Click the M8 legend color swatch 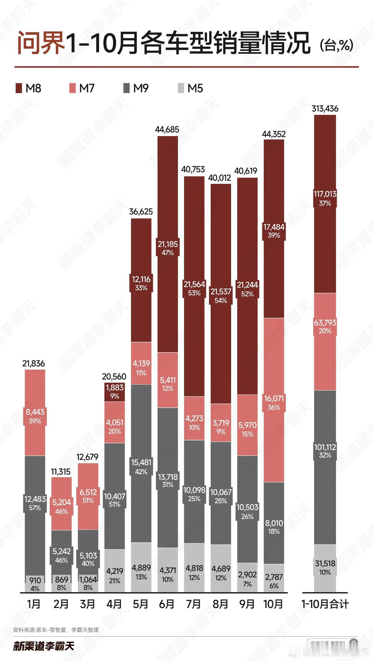coord(19,88)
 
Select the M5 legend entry coord(191,88)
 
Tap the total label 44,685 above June coord(167,130)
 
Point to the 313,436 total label coord(325,109)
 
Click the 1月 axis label coord(34,604)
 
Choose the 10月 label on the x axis coord(273,604)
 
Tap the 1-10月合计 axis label coord(325,604)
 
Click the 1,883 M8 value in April coord(115,388)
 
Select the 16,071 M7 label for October coord(274,399)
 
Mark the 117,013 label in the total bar coord(325,194)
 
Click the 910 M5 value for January coord(35,580)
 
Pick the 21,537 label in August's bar coord(221,292)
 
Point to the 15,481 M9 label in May coord(141,463)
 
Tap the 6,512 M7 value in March coord(88,492)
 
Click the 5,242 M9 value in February coord(61,551)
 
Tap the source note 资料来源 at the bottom coord(56,630)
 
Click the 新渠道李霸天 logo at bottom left coord(44,646)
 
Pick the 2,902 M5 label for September coord(247,575)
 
